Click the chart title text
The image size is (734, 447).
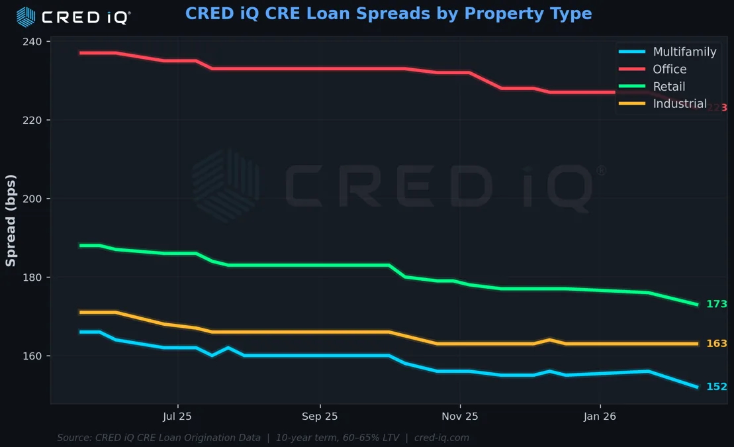click(x=389, y=14)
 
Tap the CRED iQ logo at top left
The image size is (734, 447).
click(x=73, y=17)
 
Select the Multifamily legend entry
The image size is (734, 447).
click(x=684, y=52)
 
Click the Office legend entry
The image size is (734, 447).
click(x=669, y=69)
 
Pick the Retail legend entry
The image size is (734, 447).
click(x=668, y=86)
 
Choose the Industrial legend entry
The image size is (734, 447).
click(x=679, y=103)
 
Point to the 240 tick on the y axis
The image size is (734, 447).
click(x=32, y=42)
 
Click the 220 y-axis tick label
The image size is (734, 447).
click(x=32, y=121)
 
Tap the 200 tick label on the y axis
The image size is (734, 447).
click(x=32, y=199)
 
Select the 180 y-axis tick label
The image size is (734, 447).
click(x=32, y=277)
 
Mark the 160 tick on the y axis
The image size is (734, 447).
click(x=32, y=356)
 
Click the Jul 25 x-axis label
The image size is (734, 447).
click(x=177, y=417)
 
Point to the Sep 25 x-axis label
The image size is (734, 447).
click(x=320, y=417)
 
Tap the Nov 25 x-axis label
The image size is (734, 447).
click(x=460, y=417)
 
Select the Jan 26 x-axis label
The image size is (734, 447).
click(x=600, y=417)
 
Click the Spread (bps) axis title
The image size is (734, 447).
click(x=11, y=221)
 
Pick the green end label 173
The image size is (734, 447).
click(x=717, y=305)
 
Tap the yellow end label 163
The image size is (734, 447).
click(x=717, y=344)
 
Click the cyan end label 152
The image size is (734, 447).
click(x=717, y=387)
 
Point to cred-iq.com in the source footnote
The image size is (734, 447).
click(x=441, y=438)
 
